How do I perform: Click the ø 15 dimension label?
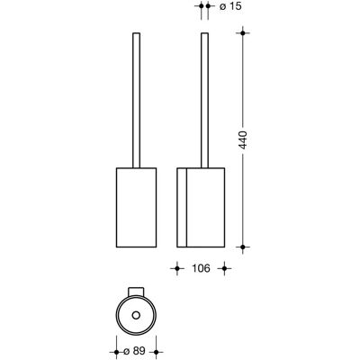230,5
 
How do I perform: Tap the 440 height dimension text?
244,140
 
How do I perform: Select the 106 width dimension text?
201,268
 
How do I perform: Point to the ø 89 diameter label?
134,351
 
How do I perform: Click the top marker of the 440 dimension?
243,32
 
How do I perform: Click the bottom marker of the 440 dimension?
243,247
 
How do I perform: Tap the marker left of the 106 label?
177,268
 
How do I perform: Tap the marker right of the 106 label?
224,268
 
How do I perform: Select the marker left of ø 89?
116,352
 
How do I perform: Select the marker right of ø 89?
156,352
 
